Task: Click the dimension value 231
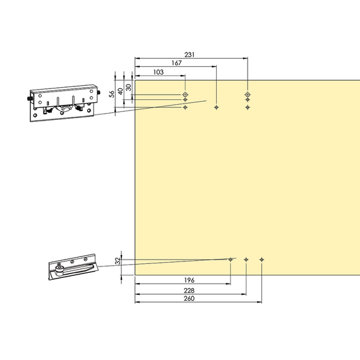(x=189, y=55)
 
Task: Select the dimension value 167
(x=177, y=63)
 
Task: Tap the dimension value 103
(x=159, y=72)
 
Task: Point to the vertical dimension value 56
(x=112, y=94)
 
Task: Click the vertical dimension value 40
(x=121, y=91)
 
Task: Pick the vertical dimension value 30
(x=129, y=87)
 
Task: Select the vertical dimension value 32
(x=117, y=261)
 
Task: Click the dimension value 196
(x=189, y=280)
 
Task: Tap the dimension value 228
(x=189, y=291)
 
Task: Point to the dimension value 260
(x=189, y=299)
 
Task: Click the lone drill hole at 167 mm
(x=216, y=107)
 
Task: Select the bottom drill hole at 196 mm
(x=231, y=260)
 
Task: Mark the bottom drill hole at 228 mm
(x=246, y=260)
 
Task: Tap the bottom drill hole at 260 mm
(x=261, y=260)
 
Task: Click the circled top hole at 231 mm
(x=248, y=94)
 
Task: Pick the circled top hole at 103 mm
(x=185, y=94)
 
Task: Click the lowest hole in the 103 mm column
(x=185, y=107)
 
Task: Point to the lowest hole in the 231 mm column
(x=248, y=107)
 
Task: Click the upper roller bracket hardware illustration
(x=64, y=103)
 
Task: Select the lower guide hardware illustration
(x=73, y=267)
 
